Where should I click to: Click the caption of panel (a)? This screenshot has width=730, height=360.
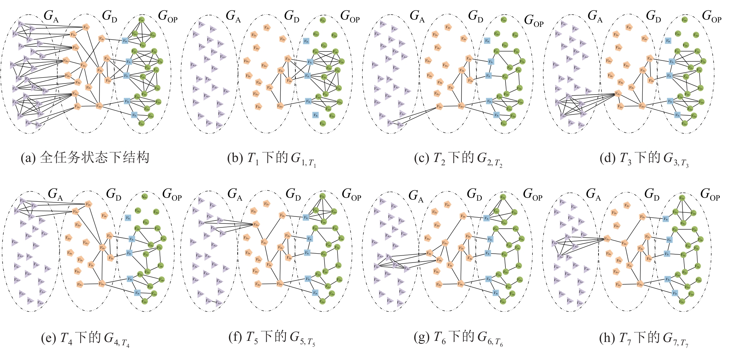(85, 158)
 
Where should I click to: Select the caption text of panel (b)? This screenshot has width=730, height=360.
(272, 159)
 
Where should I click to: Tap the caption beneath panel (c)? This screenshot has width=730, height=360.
(458, 159)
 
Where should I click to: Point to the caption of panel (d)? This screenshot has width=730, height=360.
(644, 159)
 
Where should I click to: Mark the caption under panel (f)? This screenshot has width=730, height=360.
(272, 337)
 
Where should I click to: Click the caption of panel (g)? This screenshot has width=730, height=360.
(458, 337)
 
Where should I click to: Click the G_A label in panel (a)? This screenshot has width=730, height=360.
(51, 16)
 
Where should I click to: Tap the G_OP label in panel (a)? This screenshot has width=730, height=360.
(168, 16)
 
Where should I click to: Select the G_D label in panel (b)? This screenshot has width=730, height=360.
(291, 16)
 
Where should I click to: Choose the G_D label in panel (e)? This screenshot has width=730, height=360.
(113, 194)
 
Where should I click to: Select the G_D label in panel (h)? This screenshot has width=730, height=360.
(652, 194)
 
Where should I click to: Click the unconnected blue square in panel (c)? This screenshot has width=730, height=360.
(487, 41)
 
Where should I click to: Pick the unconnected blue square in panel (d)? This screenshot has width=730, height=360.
(668, 41)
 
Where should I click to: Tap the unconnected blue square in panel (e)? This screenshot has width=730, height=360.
(128, 218)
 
